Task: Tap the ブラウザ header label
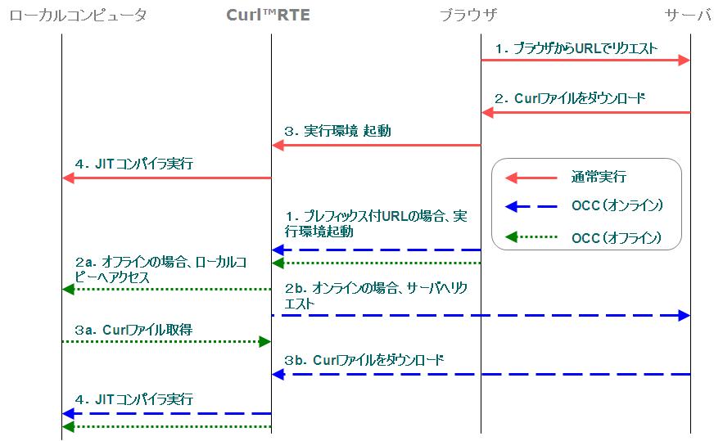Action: (x=468, y=15)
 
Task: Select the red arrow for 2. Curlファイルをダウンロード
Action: (x=585, y=112)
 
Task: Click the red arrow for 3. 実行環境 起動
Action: (x=376, y=145)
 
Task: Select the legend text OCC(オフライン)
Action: (x=617, y=238)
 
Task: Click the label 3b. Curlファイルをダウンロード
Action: (x=365, y=360)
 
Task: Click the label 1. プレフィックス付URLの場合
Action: (x=377, y=223)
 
